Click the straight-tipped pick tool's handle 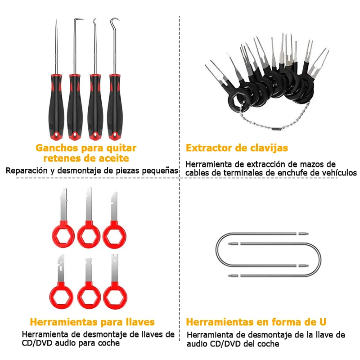[56, 107]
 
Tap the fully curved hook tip [115, 21]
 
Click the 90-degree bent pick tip [78, 19]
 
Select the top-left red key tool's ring [63, 235]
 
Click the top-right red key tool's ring [114, 236]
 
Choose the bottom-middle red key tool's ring [89, 296]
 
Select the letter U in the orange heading [323, 322]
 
